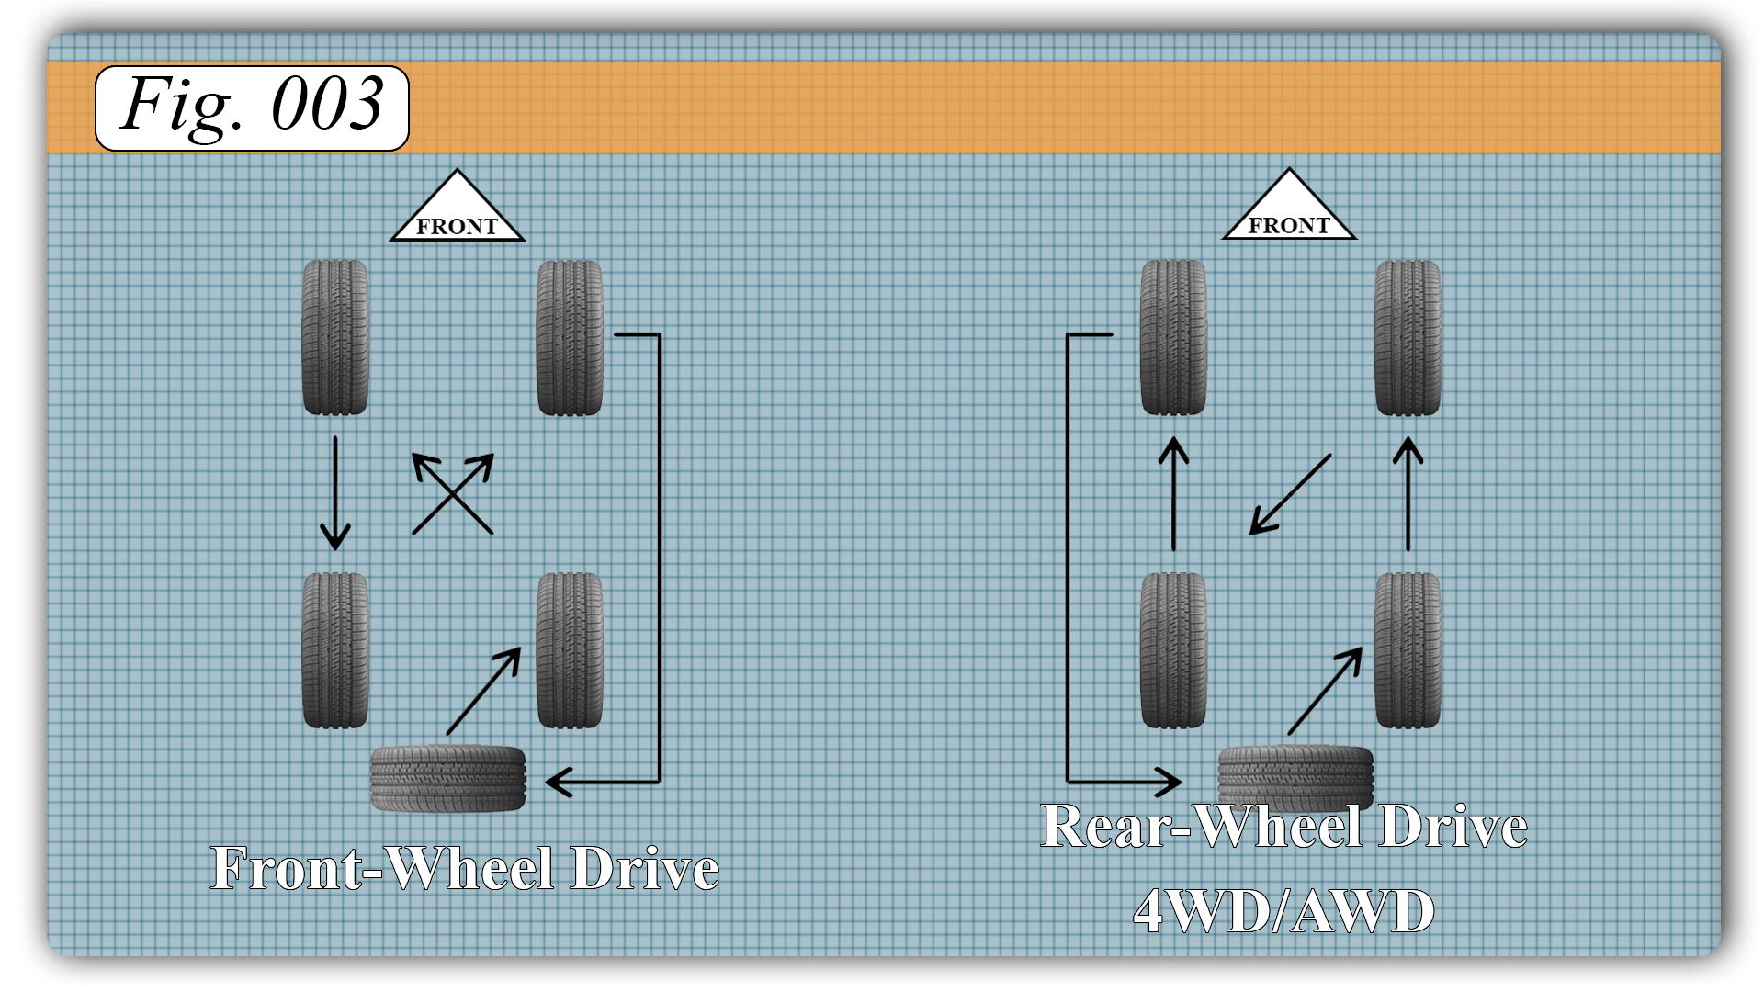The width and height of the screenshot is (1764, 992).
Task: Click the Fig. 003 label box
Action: (x=252, y=107)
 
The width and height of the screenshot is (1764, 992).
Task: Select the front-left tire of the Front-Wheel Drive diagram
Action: (x=335, y=337)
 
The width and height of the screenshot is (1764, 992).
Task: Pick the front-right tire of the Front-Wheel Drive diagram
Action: (x=570, y=337)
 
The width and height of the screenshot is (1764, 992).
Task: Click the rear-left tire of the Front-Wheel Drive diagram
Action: (x=335, y=650)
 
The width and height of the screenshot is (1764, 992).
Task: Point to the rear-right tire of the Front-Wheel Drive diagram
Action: (x=570, y=650)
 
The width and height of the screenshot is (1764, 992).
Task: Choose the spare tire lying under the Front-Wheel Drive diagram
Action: (x=447, y=778)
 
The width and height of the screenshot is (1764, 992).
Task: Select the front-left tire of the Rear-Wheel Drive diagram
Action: (x=1172, y=337)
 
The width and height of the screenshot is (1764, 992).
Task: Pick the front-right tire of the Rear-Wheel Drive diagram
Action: (x=1408, y=337)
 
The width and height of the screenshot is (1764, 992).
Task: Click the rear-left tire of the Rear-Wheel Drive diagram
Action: (x=1172, y=650)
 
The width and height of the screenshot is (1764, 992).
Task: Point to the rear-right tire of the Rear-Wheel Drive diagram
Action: (x=1408, y=650)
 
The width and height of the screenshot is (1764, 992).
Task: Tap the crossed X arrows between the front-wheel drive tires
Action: (x=452, y=494)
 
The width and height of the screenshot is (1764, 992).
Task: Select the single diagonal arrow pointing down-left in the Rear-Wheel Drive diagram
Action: (x=1290, y=494)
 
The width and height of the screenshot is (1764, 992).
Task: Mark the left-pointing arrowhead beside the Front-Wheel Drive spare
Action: (x=559, y=782)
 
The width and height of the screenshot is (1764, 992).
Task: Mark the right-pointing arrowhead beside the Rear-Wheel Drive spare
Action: (x=1169, y=782)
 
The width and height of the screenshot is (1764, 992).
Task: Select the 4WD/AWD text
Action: (x=1283, y=911)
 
